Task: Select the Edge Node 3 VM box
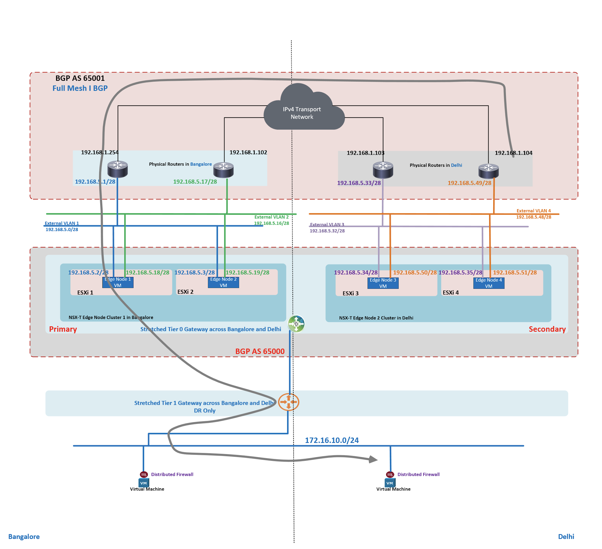tap(383, 283)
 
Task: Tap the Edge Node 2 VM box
tap(223, 282)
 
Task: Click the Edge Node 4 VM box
tap(489, 283)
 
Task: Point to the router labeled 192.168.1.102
tap(223, 169)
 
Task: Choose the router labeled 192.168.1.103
tap(383, 170)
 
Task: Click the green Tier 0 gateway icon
tap(296, 324)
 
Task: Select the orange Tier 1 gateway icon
tap(288, 402)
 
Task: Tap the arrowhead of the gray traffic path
tap(373, 459)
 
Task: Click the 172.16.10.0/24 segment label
tap(332, 440)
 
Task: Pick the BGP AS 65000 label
tap(260, 351)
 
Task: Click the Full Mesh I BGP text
tap(80, 88)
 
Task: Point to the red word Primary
tap(63, 329)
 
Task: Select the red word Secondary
tap(547, 329)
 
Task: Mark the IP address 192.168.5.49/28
tap(469, 183)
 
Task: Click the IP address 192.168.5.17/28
tap(195, 182)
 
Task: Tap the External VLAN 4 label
tap(534, 211)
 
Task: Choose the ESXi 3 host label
tap(351, 293)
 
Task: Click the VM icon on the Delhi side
tap(390, 483)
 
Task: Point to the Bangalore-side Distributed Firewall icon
tap(144, 474)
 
